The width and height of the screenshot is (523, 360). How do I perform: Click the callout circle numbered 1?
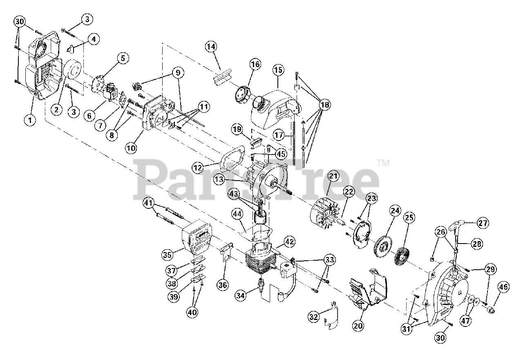(29, 120)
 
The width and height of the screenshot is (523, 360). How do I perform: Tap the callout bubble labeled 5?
(122, 58)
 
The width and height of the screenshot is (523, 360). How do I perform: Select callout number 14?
(211, 47)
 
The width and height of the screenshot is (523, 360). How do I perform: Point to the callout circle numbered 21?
(333, 177)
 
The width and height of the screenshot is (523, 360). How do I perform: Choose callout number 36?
(223, 285)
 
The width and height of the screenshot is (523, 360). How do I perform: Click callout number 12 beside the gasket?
(198, 168)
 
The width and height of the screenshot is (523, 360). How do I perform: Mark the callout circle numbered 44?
(237, 214)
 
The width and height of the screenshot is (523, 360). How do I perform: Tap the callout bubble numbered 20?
(358, 326)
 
